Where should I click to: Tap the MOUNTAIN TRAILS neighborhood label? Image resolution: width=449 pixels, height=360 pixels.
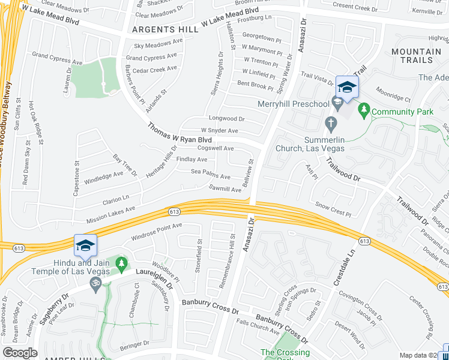[x=420, y=56]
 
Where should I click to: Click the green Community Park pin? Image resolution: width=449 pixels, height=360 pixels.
[x=364, y=110]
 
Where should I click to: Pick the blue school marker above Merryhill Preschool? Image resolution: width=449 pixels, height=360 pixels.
[x=346, y=88]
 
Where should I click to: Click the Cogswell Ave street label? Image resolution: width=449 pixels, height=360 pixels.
[x=215, y=148]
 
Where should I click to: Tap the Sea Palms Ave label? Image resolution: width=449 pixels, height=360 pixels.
[x=211, y=176]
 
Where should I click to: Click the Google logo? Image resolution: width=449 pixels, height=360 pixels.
[x=20, y=353]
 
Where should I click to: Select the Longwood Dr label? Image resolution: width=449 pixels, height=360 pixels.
[x=226, y=119]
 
